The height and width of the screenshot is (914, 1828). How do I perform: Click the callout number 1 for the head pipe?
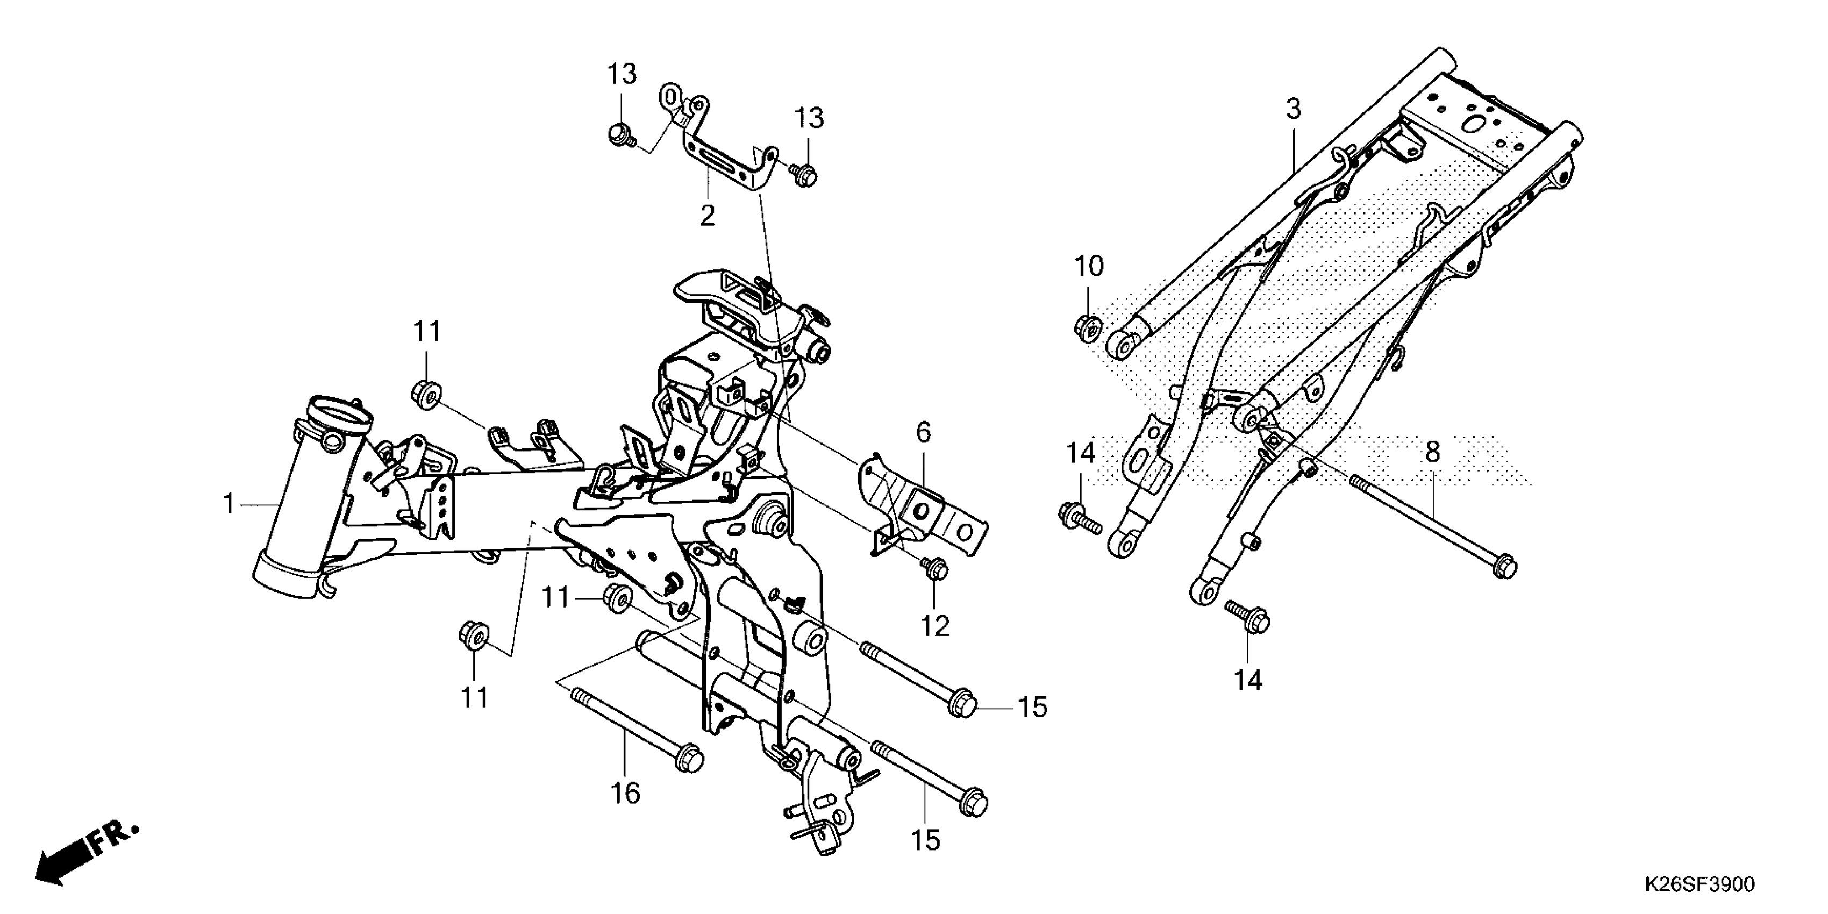228,504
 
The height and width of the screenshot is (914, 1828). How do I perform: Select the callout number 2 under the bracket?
708,216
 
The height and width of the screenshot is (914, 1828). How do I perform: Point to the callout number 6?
923,432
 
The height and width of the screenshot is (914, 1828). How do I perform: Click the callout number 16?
625,792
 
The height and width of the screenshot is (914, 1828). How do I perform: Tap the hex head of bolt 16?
688,760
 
